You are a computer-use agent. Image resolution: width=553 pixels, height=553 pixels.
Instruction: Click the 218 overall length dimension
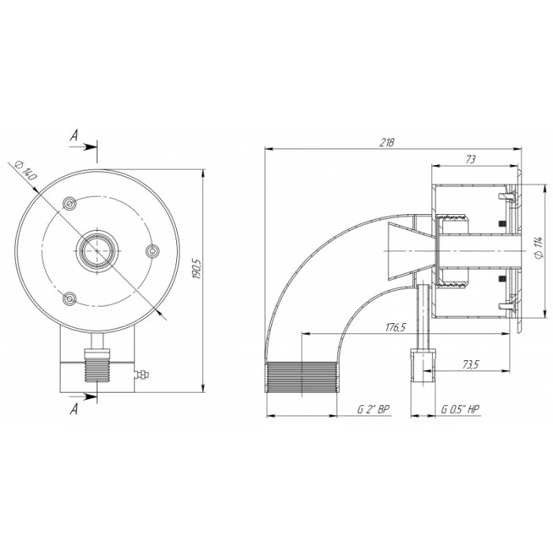tap(386, 142)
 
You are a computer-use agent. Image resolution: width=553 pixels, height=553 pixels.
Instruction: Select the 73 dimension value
tap(471, 160)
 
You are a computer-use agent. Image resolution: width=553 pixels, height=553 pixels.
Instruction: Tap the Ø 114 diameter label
tap(538, 248)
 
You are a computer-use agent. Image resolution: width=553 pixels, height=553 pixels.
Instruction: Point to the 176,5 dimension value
tap(396, 327)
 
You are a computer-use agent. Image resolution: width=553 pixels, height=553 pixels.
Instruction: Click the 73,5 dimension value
tap(470, 364)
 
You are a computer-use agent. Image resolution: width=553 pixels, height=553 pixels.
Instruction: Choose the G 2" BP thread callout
tap(374, 409)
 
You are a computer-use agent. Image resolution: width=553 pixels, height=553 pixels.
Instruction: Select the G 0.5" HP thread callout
tap(461, 409)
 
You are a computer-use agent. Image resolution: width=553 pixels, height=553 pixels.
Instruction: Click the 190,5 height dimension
tap(196, 269)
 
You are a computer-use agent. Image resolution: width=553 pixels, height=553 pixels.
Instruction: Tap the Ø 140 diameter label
tap(26, 171)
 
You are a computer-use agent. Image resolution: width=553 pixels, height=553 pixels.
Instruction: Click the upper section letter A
tap(73, 135)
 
